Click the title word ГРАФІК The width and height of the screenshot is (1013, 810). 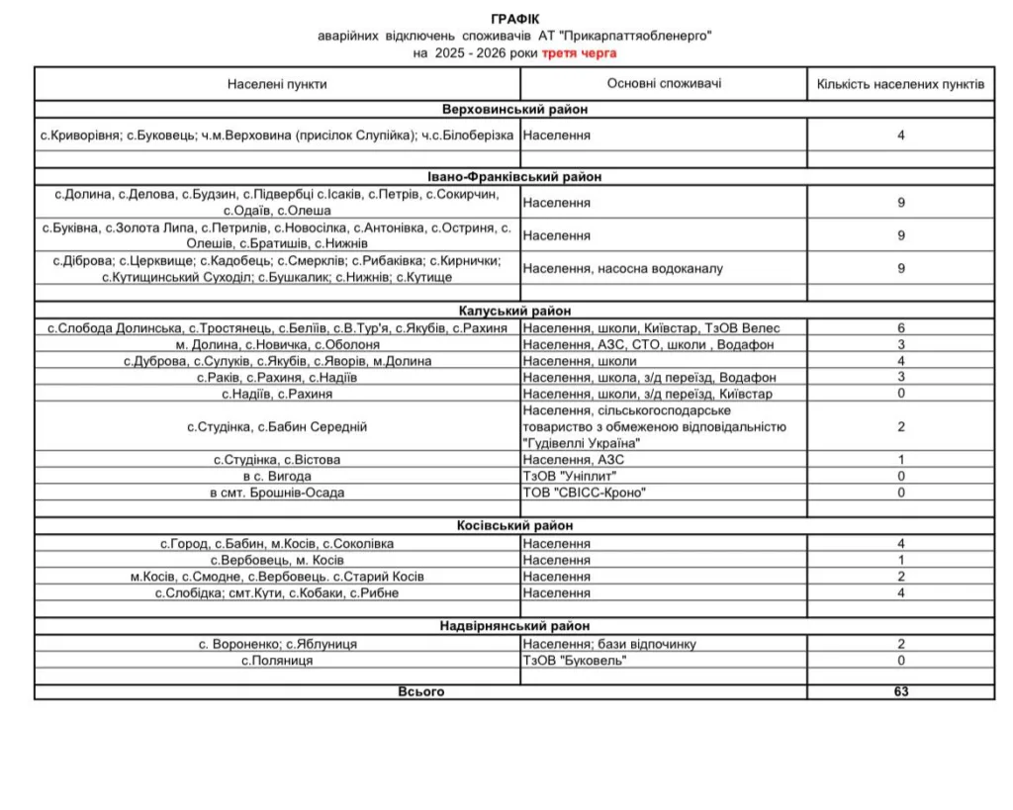[x=515, y=20]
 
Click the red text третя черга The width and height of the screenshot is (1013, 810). [x=579, y=52]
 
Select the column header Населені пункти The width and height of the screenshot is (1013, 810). [x=277, y=84]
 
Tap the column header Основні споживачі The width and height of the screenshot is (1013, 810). [x=664, y=83]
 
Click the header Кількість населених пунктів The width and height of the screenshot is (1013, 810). [x=900, y=84]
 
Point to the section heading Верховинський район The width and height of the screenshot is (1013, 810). [x=514, y=110]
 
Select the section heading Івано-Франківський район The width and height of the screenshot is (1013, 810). [x=514, y=177]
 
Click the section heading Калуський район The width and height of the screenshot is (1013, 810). [x=514, y=312]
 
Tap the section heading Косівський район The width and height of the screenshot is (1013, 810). [x=514, y=527]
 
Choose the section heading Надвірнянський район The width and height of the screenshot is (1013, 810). [x=514, y=626]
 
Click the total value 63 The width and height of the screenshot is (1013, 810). [x=900, y=691]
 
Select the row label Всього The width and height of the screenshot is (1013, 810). [x=420, y=691]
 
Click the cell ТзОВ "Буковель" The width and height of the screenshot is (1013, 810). [x=575, y=660]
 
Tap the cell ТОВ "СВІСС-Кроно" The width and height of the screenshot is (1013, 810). [x=585, y=492]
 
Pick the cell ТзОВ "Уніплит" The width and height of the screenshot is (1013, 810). [x=570, y=476]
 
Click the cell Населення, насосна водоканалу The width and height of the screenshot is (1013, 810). [x=623, y=269]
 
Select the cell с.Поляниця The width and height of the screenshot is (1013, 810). [x=277, y=660]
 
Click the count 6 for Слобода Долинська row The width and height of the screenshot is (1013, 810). [x=900, y=328]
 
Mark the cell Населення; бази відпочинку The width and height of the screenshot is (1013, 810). [x=609, y=644]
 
